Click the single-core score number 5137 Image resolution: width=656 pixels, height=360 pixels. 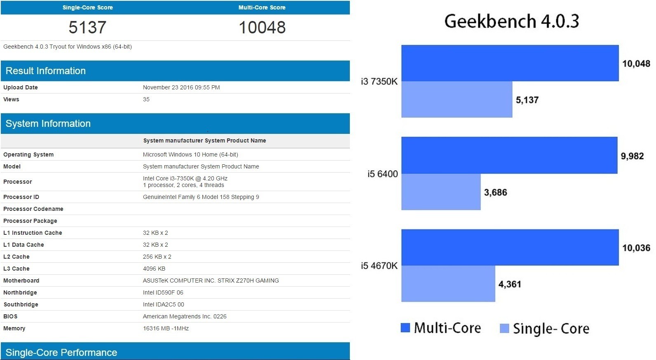click(x=87, y=28)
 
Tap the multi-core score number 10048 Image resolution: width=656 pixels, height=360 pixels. click(x=262, y=28)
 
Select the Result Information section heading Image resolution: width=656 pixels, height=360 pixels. click(x=46, y=71)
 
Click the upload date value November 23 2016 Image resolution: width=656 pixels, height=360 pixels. click(x=181, y=87)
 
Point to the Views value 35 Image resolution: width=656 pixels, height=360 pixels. click(x=146, y=99)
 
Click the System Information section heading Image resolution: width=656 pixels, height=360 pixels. click(x=48, y=124)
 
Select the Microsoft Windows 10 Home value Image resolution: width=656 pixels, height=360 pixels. click(x=190, y=154)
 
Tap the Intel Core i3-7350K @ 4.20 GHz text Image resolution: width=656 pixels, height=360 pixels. click(x=185, y=178)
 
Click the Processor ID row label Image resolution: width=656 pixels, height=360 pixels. click(x=21, y=197)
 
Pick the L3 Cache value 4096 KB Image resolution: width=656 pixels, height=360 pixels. click(x=154, y=269)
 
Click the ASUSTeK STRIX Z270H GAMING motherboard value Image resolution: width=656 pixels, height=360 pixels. click(x=211, y=281)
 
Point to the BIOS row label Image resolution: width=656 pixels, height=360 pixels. click(x=10, y=316)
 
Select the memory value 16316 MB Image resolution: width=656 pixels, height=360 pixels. click(x=166, y=328)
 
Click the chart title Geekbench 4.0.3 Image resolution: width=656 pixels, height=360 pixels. click(x=511, y=21)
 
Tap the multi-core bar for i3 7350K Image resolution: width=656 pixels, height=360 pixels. click(x=510, y=63)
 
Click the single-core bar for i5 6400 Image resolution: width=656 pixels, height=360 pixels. click(x=441, y=192)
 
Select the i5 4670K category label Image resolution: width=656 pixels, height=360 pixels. click(x=379, y=266)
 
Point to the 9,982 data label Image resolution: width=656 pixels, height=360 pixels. click(x=632, y=156)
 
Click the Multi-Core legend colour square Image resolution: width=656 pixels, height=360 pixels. click(x=405, y=328)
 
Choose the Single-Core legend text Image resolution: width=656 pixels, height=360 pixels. click(x=551, y=329)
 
